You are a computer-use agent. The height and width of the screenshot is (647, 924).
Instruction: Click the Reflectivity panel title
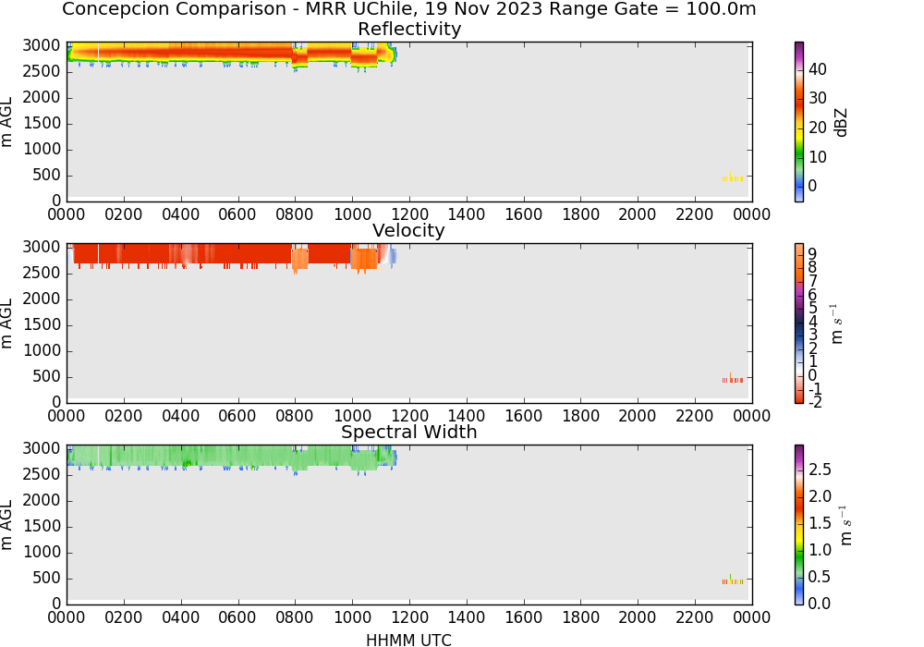click(x=409, y=29)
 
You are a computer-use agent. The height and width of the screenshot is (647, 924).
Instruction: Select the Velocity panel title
click(x=408, y=230)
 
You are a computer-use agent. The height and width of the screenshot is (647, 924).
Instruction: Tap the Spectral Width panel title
click(x=409, y=432)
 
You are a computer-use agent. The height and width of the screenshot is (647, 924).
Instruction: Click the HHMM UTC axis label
click(x=408, y=640)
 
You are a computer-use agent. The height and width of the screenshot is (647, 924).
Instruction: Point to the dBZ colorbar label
click(x=841, y=123)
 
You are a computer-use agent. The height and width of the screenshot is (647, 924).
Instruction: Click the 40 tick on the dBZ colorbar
click(x=818, y=69)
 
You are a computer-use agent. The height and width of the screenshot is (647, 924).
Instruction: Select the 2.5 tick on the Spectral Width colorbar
click(x=820, y=469)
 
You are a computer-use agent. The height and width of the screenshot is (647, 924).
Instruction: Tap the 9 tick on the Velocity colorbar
click(x=812, y=254)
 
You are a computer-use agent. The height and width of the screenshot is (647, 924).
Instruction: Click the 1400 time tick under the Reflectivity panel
click(x=466, y=214)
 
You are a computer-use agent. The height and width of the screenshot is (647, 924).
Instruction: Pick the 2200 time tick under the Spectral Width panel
click(x=694, y=616)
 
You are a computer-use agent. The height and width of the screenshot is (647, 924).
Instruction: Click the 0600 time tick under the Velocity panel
click(x=237, y=415)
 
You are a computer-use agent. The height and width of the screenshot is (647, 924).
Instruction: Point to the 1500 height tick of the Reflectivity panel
click(x=42, y=123)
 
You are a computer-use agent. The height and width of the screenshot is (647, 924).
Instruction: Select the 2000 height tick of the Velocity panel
click(x=42, y=299)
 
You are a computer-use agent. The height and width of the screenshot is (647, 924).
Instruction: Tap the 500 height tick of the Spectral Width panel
click(x=46, y=578)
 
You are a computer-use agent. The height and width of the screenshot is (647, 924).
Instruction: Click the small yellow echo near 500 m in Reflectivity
click(x=733, y=177)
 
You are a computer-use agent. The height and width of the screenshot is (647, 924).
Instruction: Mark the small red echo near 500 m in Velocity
click(x=733, y=380)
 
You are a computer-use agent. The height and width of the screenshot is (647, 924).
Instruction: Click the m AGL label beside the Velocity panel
click(x=6, y=323)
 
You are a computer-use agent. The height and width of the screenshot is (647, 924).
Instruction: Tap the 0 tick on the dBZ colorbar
click(x=812, y=186)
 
